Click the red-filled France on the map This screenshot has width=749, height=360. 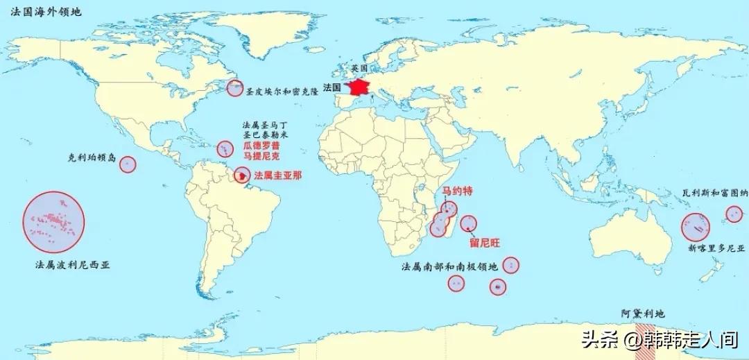coord(361,88)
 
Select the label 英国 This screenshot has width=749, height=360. coord(359,69)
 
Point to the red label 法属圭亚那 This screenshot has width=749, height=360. coord(278,175)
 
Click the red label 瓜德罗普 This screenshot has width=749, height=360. coord(261,146)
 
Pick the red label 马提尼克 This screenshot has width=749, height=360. coord(261,158)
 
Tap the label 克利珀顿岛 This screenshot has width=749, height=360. coord(93,157)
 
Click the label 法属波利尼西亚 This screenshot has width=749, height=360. coord(76,265)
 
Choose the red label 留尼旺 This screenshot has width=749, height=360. coord(484,242)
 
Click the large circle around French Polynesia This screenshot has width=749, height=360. coord(53,222)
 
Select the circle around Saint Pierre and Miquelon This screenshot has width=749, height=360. coord(235,88)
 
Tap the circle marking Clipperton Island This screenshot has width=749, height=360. coord(128,164)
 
